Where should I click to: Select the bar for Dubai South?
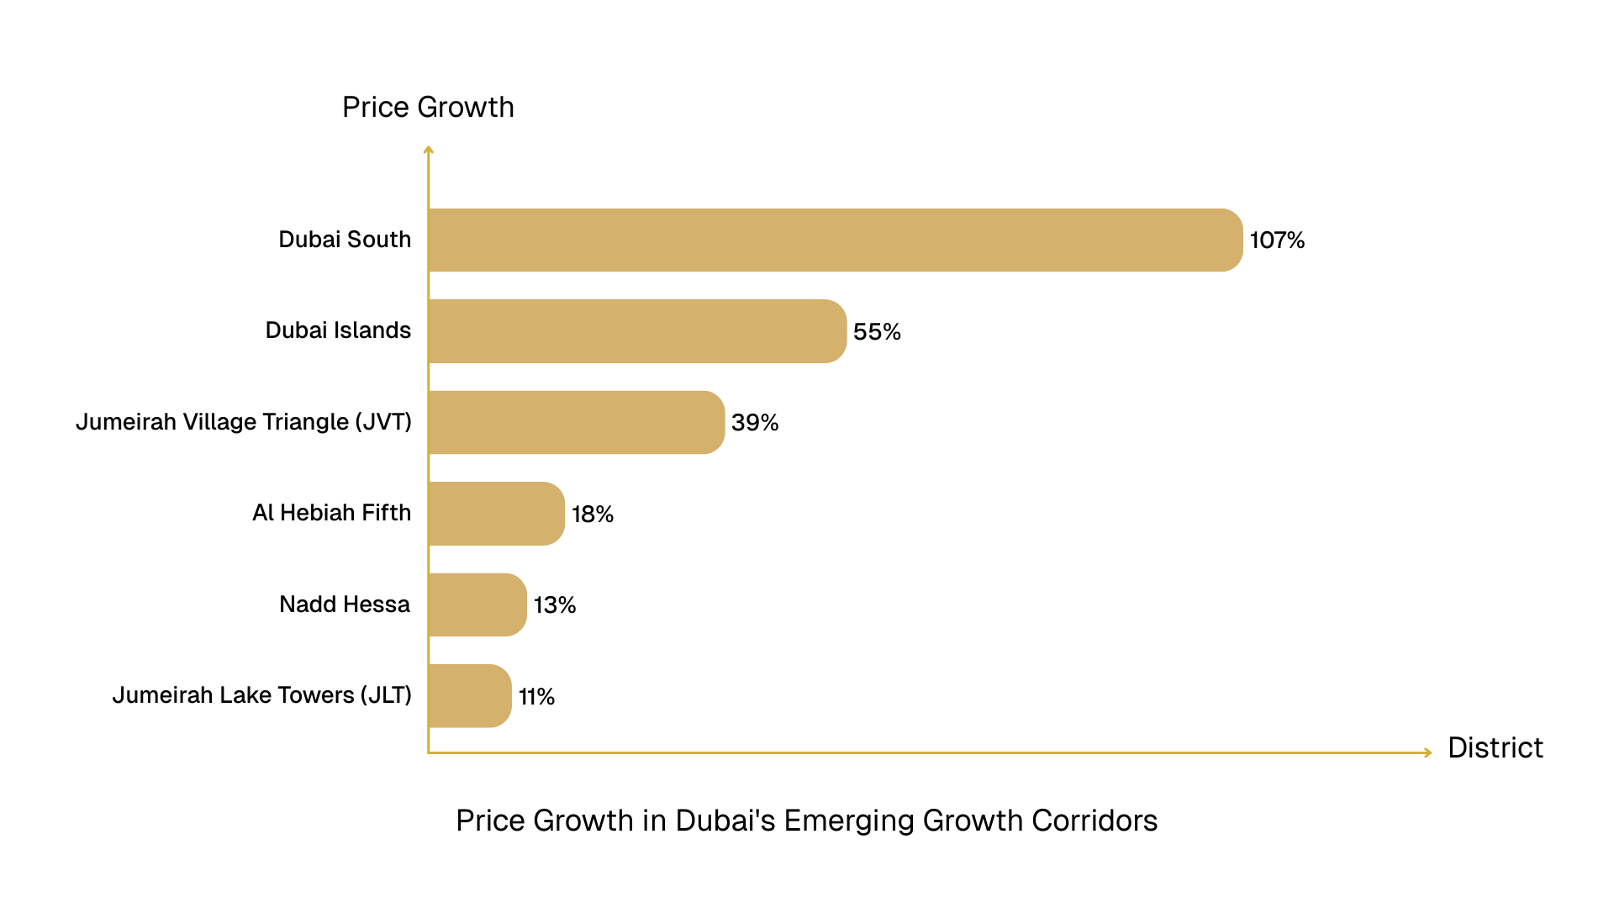click(835, 240)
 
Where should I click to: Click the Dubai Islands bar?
click(636, 331)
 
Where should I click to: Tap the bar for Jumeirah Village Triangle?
click(576, 422)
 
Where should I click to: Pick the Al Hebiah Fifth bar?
click(496, 514)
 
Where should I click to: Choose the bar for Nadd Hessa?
click(477, 604)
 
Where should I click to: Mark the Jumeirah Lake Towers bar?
click(469, 696)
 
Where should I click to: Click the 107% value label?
click(1276, 240)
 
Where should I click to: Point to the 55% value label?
click(876, 332)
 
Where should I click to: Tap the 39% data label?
click(754, 423)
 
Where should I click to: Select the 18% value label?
click(592, 515)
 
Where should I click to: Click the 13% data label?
click(554, 605)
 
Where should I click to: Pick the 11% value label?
click(536, 697)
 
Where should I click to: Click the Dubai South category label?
click(345, 240)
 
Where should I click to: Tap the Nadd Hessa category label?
click(345, 604)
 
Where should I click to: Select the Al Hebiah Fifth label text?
click(331, 513)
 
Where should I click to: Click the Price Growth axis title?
click(428, 108)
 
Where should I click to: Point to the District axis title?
click(1495, 747)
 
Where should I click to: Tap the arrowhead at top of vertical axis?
click(429, 150)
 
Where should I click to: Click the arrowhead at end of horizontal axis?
click(1427, 752)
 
